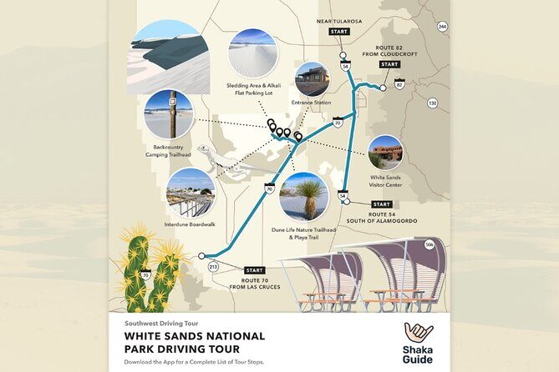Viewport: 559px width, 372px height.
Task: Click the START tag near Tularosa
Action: (x=339, y=32)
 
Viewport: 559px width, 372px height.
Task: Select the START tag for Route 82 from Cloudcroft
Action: (x=389, y=64)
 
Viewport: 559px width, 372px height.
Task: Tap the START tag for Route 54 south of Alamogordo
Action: (x=381, y=204)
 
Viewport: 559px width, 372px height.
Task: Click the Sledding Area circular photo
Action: (x=252, y=53)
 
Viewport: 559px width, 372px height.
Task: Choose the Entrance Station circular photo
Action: (x=313, y=79)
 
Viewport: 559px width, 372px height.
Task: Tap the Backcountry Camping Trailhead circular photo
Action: (x=168, y=114)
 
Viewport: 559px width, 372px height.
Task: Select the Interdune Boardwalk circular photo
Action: (x=191, y=193)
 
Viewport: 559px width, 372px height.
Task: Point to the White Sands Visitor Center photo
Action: (x=385, y=153)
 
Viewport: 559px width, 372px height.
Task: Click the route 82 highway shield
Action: (x=399, y=85)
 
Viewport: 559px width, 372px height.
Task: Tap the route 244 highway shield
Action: (x=442, y=27)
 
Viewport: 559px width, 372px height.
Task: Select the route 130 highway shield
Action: (x=432, y=103)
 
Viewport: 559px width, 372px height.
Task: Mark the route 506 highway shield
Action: (x=429, y=244)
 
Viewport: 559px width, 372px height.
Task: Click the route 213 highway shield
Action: (x=213, y=267)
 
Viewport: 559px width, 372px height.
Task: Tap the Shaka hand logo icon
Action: (x=417, y=334)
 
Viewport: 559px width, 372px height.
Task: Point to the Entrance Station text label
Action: (x=313, y=103)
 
